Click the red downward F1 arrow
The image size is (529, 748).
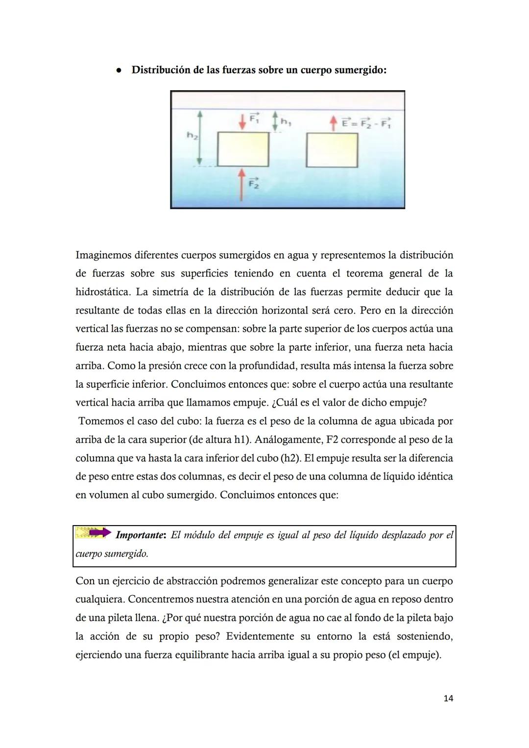[x=242, y=121]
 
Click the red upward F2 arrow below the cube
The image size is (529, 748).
[x=241, y=185]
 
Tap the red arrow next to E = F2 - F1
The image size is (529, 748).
[x=333, y=123]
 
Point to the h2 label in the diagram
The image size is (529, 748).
[x=192, y=136]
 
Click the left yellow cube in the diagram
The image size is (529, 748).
[x=243, y=149]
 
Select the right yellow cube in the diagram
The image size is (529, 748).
[x=332, y=150]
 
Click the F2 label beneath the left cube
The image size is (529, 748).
[x=253, y=184]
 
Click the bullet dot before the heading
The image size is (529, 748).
[x=118, y=71]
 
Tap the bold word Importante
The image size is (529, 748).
[x=140, y=535]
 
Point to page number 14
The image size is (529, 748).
[x=448, y=698]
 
